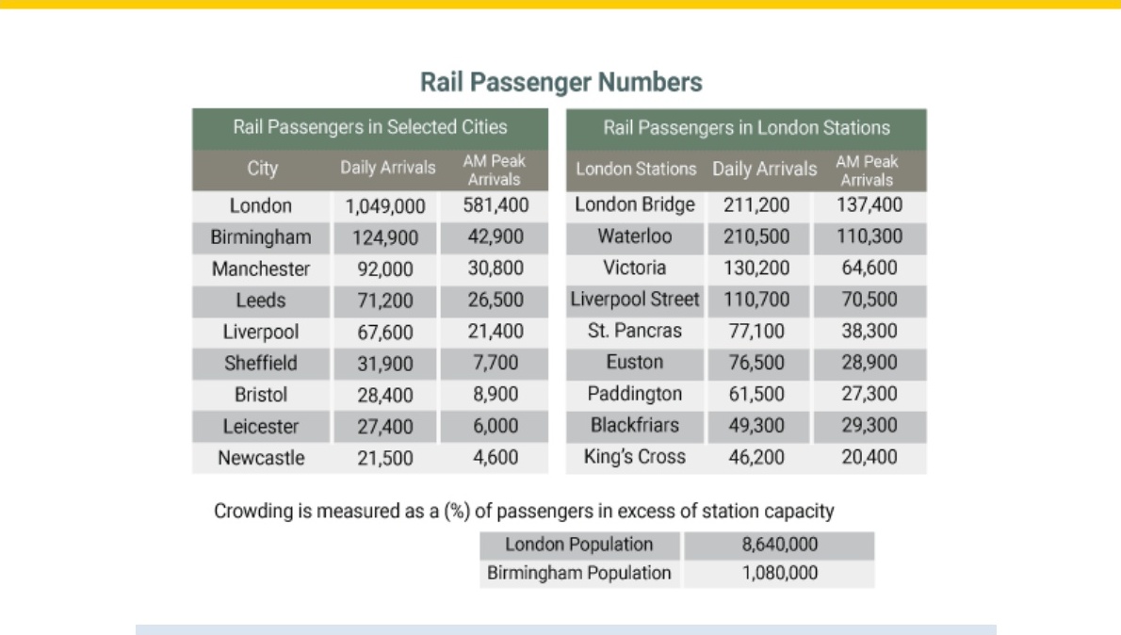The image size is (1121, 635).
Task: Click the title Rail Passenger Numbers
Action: click(x=561, y=82)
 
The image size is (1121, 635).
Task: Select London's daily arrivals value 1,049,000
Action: click(x=385, y=206)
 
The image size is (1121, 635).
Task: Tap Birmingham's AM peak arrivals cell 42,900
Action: click(x=496, y=236)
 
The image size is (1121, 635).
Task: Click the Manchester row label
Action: click(x=261, y=269)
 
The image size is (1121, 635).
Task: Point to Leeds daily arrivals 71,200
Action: click(x=385, y=301)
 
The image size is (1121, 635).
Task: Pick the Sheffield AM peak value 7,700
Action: click(x=496, y=363)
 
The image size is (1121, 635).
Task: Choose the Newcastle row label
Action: click(x=261, y=458)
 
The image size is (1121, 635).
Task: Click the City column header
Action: click(x=263, y=169)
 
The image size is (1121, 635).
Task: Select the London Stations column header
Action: click(x=636, y=169)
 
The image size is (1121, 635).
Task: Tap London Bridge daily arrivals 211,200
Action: click(x=756, y=205)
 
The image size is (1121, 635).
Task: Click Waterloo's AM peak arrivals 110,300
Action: click(x=869, y=236)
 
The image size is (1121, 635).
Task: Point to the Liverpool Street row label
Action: click(x=635, y=299)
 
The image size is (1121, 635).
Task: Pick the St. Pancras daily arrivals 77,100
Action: click(x=756, y=331)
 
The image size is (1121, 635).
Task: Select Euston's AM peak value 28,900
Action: click(x=869, y=362)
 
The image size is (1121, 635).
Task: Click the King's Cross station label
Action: click(x=635, y=456)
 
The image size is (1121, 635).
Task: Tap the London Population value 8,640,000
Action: click(x=779, y=545)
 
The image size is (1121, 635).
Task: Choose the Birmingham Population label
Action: click(x=579, y=573)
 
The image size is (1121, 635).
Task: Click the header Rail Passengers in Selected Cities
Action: click(x=370, y=127)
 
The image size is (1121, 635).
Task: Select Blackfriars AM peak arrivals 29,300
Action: click(x=869, y=425)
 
